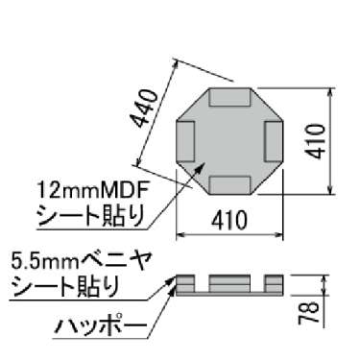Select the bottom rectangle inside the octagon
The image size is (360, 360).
point(230,182)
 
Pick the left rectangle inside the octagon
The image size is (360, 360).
point(187,140)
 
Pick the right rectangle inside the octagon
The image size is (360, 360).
point(274,140)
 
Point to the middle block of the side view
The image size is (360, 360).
point(229,281)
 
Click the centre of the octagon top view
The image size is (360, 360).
point(230,140)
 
